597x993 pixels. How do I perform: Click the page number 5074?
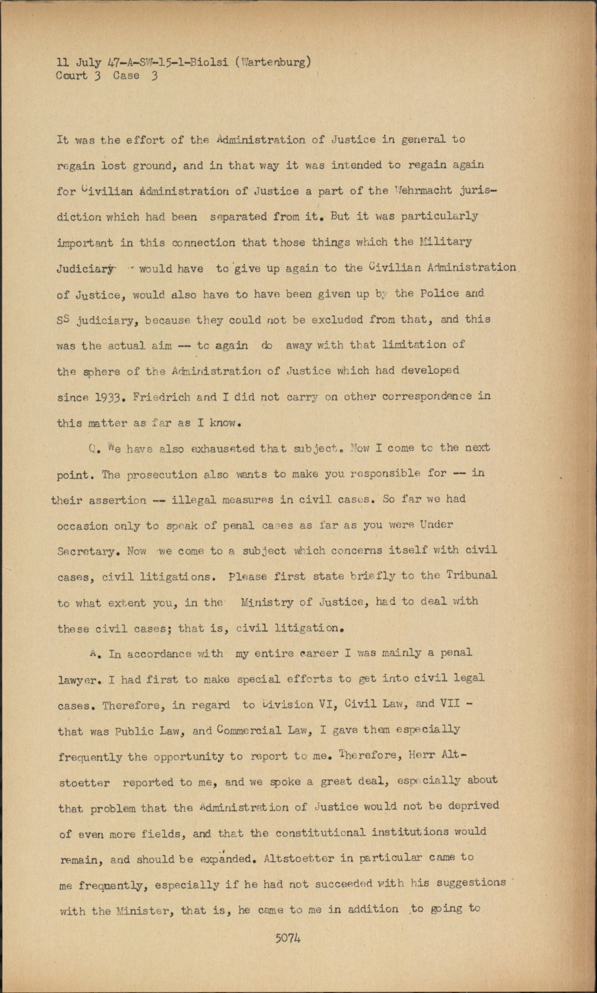pos(288,938)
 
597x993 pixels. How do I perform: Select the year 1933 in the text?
pos(108,397)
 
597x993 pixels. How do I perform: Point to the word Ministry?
pos(267,601)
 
